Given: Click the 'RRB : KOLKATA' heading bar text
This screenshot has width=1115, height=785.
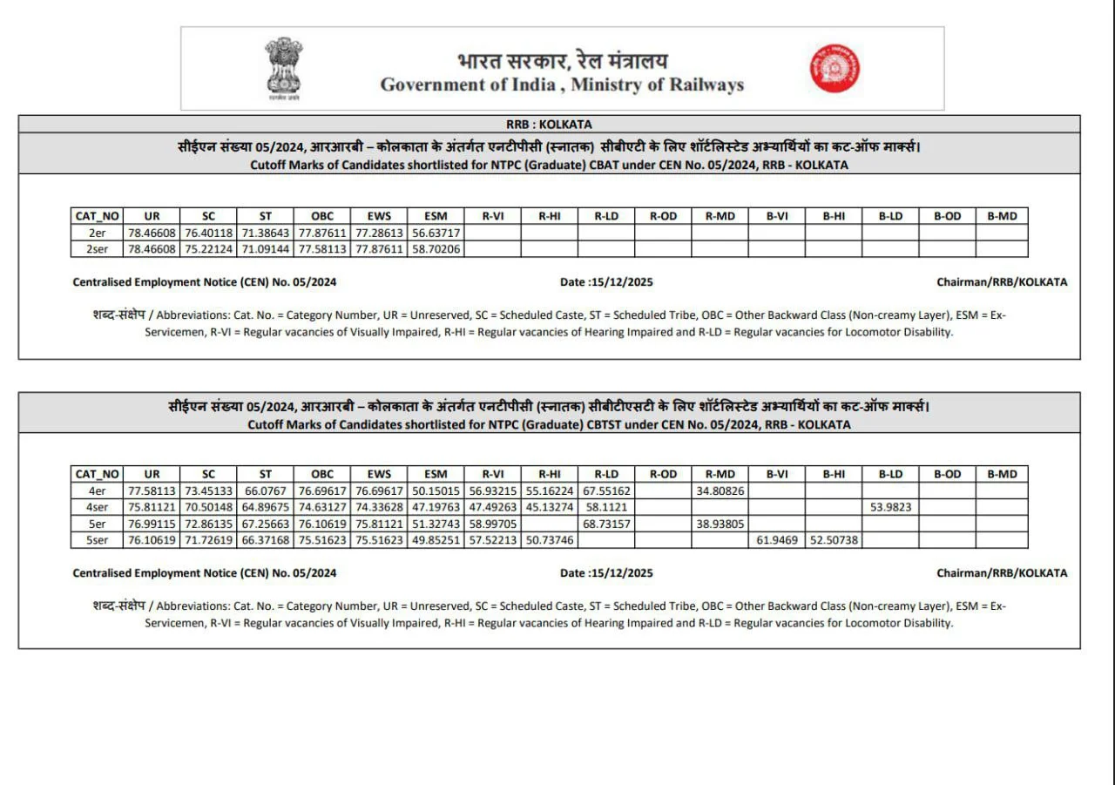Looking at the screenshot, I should (x=549, y=125).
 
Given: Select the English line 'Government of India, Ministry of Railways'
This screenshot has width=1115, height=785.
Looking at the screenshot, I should (x=562, y=85).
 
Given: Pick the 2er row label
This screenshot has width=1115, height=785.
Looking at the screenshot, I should (x=97, y=233).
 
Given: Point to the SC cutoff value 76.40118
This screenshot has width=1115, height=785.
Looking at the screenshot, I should (x=208, y=233).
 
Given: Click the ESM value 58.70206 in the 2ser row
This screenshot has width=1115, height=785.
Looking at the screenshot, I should (x=436, y=249).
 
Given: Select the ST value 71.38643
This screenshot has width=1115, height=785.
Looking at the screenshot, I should (x=266, y=233).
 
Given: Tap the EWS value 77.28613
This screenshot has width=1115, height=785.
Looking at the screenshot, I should (x=379, y=233).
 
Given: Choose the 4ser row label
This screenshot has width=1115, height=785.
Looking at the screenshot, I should (x=97, y=507).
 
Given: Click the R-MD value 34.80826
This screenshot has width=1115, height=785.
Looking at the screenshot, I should (x=720, y=491).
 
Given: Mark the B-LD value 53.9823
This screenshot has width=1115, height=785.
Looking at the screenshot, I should (x=890, y=507).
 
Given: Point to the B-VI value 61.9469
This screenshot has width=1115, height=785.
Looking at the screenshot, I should (x=776, y=540).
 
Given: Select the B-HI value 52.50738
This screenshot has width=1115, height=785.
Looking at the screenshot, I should (x=834, y=540).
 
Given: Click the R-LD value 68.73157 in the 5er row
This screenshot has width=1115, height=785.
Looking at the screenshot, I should (x=606, y=524).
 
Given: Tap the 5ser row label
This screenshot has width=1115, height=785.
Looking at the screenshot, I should (x=97, y=540).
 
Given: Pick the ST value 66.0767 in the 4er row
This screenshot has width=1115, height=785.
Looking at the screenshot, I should (x=266, y=491).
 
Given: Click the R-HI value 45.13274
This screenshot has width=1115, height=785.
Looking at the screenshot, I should (x=549, y=507).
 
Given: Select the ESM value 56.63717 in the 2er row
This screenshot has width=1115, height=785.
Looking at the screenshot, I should (x=436, y=233).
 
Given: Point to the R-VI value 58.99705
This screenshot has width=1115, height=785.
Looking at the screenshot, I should (x=492, y=524).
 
